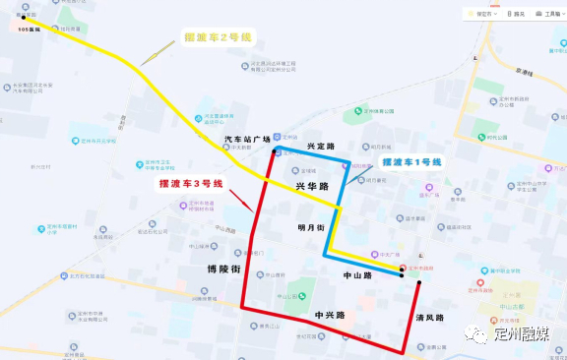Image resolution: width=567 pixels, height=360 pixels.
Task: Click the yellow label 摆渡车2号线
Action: point(219,37)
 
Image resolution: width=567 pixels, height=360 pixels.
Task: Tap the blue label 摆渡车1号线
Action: point(412,161)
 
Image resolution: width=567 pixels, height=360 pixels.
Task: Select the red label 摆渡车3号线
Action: point(192,183)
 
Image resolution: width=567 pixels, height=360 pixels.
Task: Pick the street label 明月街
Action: point(311,227)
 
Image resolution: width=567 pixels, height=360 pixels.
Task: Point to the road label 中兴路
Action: point(329,315)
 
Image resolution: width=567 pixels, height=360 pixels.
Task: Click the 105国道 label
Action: point(31,30)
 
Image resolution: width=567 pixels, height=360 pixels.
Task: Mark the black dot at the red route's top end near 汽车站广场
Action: point(273,152)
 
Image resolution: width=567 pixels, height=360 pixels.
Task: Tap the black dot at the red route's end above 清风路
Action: point(418,283)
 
